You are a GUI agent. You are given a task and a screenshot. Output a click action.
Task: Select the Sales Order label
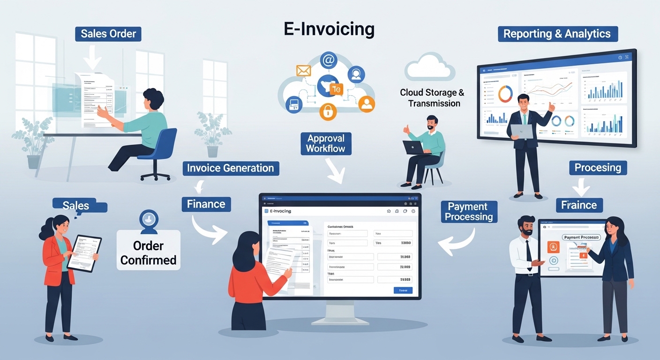point(108,34)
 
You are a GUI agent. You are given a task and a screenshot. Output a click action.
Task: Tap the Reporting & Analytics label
point(557,34)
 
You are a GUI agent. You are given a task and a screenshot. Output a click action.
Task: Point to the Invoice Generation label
point(231,168)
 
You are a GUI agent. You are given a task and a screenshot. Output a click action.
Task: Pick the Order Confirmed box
point(148,253)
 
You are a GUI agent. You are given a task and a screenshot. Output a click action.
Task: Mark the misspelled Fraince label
point(579,205)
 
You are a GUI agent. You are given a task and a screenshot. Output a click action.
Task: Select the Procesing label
point(598,167)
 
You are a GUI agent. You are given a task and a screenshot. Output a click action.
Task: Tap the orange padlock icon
point(328,112)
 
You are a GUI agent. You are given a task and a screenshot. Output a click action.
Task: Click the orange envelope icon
point(304,71)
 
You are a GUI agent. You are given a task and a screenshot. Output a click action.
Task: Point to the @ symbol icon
point(328,60)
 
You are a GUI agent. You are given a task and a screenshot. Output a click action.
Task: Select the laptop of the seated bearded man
point(417,147)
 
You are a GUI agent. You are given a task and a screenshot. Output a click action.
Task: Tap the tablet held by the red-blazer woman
point(84,252)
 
